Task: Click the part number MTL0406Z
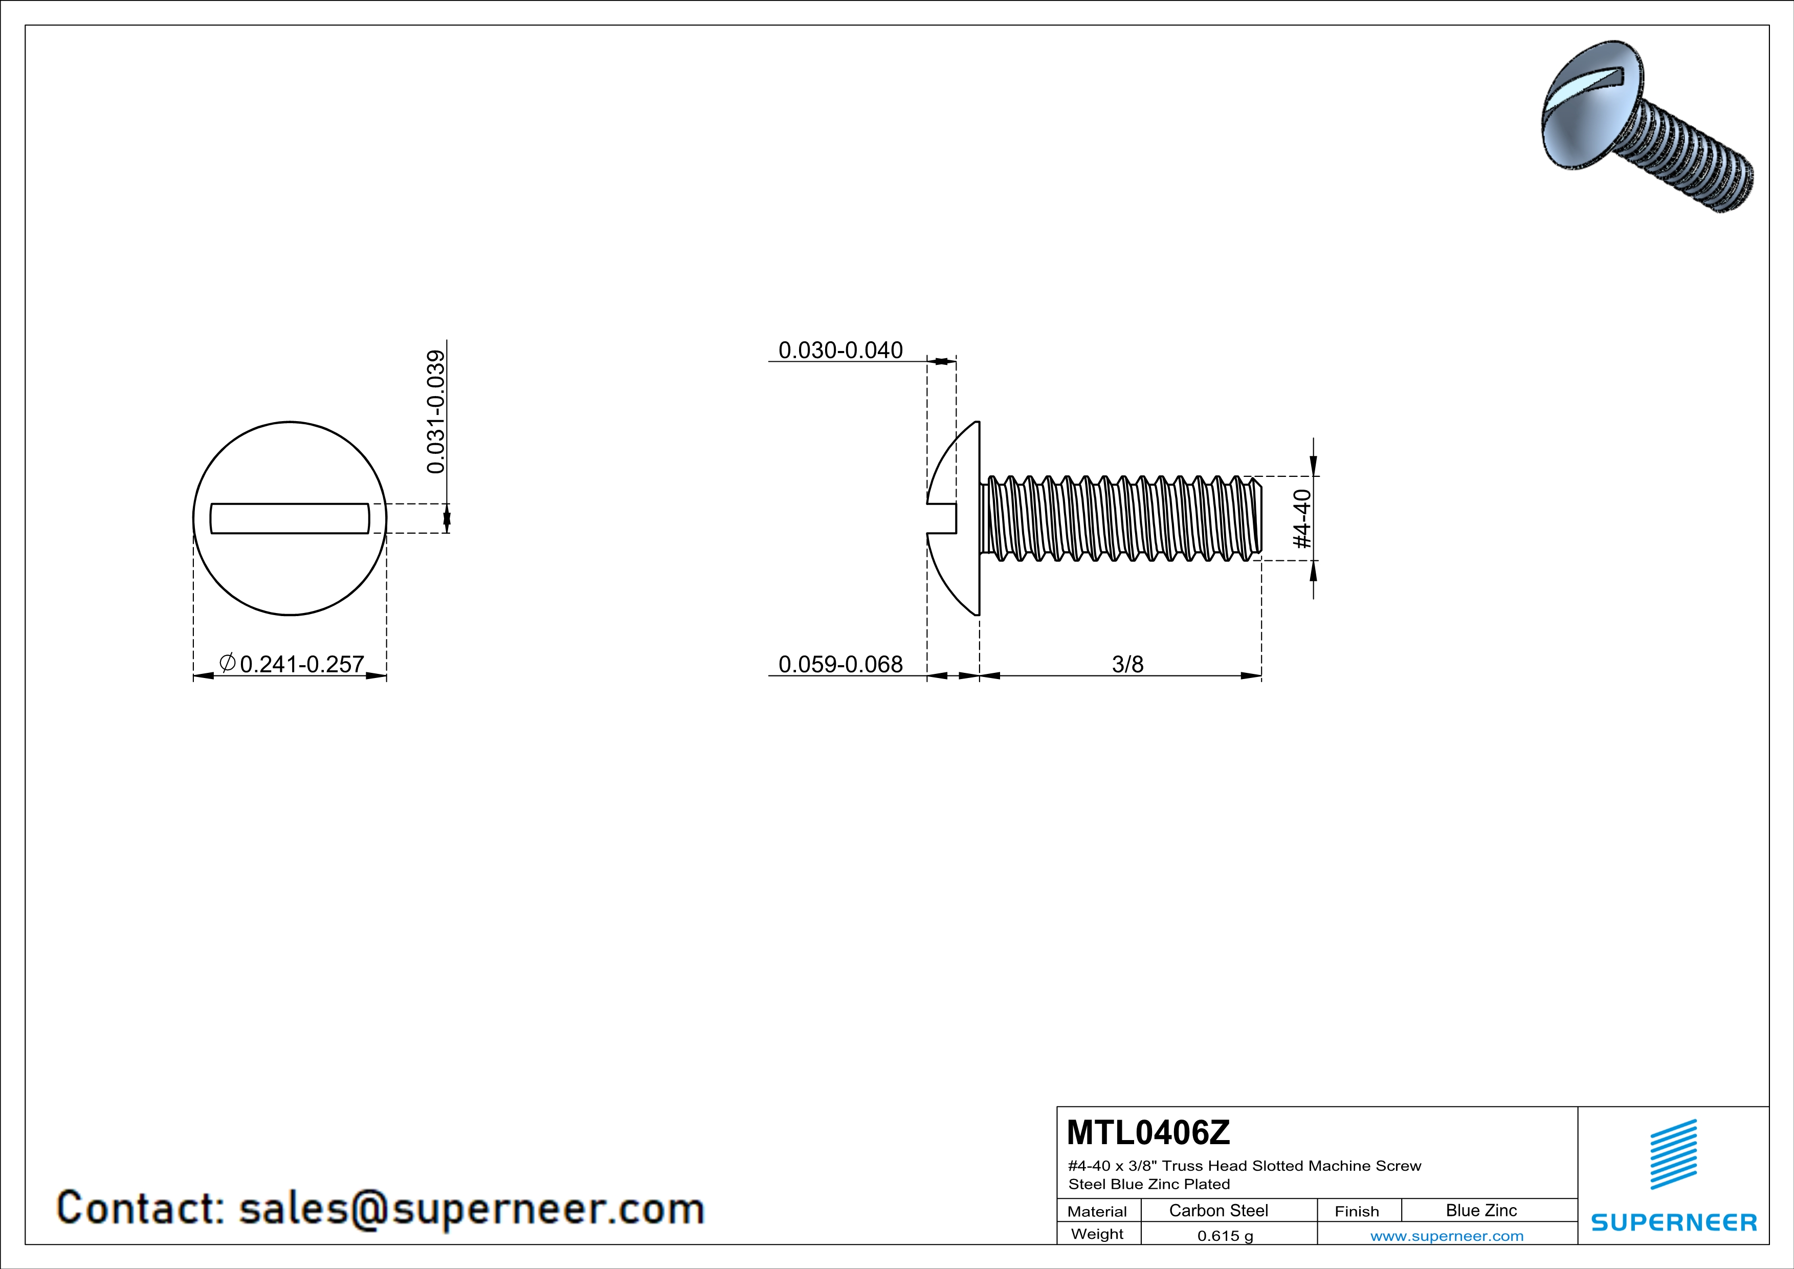[1148, 1133]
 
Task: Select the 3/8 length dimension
[1127, 664]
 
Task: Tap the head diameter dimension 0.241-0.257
[302, 664]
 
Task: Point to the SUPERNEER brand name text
[1674, 1222]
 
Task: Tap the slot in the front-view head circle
[290, 518]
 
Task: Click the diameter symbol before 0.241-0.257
[227, 664]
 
